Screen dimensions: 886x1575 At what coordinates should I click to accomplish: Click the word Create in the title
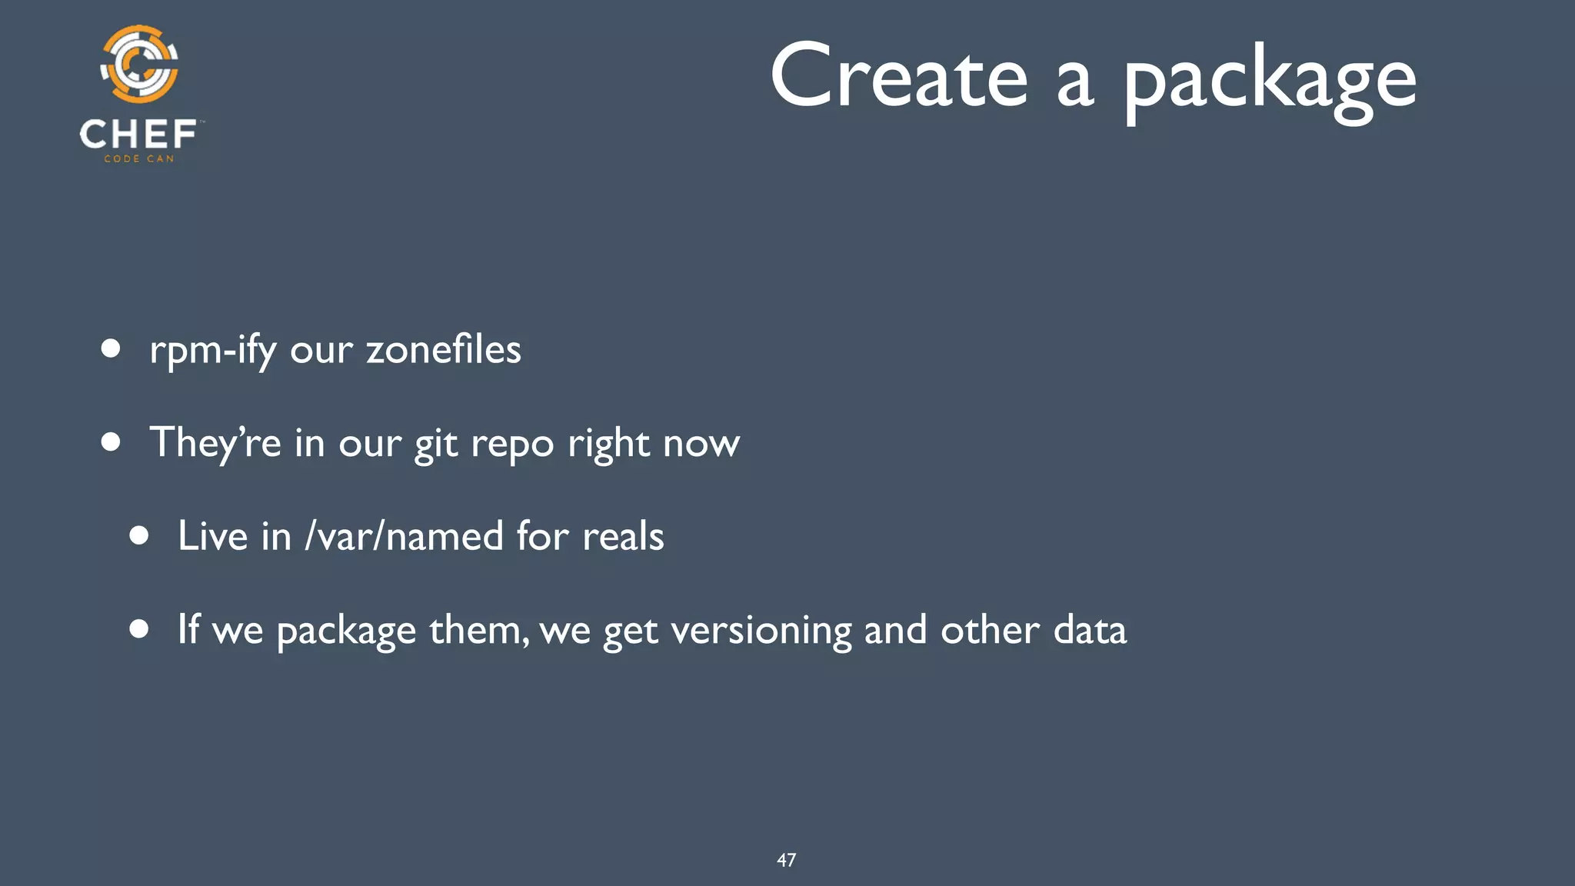click(898, 77)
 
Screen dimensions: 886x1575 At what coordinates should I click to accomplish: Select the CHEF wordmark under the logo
click(138, 135)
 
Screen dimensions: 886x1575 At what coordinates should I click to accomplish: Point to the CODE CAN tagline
click(139, 159)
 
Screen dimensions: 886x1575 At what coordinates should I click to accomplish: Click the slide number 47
click(786, 860)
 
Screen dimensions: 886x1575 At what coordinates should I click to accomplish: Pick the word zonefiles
click(444, 350)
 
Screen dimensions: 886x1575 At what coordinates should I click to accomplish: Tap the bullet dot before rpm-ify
click(112, 349)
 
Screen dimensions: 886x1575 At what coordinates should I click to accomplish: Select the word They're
click(215, 443)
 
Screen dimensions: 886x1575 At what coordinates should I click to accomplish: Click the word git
click(437, 445)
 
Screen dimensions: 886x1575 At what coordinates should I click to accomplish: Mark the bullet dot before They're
click(112, 442)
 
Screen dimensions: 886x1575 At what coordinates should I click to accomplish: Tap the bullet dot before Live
click(139, 535)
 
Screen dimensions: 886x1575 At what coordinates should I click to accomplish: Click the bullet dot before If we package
click(139, 629)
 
